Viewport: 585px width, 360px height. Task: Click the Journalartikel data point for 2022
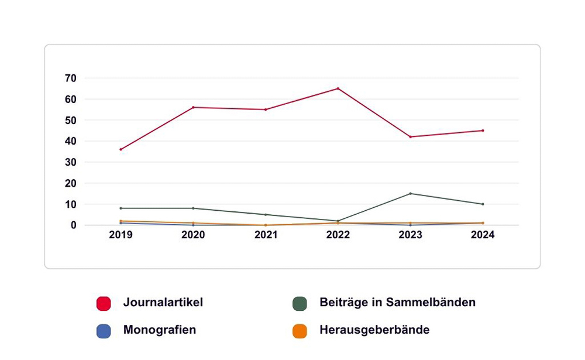[338, 88]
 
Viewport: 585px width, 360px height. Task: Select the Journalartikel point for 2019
[121, 149]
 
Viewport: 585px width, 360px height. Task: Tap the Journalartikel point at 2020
[193, 107]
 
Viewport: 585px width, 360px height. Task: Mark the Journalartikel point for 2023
[410, 137]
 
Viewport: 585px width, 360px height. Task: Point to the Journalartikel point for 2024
[483, 131]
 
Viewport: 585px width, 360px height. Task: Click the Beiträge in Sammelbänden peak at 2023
[410, 193]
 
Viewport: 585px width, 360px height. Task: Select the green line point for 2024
[483, 204]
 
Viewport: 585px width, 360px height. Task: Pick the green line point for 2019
[121, 208]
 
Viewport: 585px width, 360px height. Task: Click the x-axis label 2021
[266, 235]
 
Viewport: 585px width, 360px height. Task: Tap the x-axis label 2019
[121, 235]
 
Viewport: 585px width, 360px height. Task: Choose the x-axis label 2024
[483, 235]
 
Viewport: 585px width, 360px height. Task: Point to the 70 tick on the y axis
[71, 78]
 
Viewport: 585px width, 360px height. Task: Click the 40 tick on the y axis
[71, 141]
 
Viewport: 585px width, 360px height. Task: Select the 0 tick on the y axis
[74, 225]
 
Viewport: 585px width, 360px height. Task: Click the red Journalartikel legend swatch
[104, 303]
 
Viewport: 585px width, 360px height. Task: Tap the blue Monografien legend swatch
[104, 331]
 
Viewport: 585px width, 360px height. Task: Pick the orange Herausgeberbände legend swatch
[300, 331]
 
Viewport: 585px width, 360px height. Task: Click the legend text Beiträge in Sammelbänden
[397, 303]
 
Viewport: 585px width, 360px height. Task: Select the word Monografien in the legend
[159, 330]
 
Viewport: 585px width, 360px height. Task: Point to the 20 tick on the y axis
[71, 183]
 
